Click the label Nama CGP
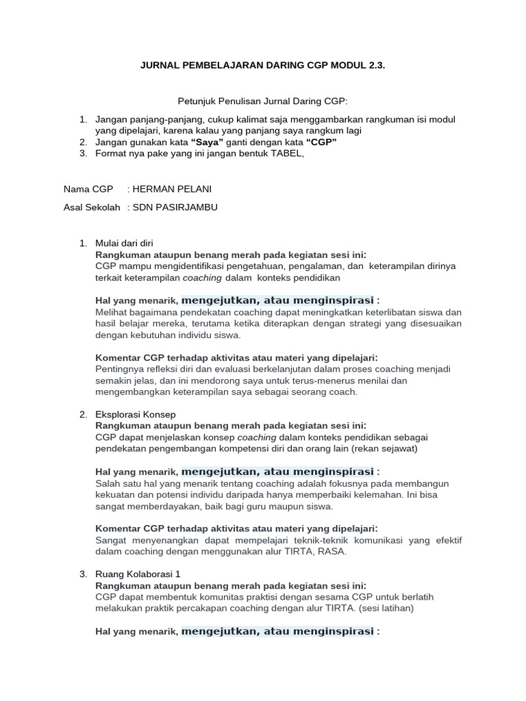click(x=88, y=188)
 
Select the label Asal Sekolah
click(x=92, y=207)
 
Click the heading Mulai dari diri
click(x=125, y=243)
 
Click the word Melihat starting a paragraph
click(x=112, y=312)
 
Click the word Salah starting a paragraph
click(x=108, y=483)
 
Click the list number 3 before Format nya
click(x=82, y=153)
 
